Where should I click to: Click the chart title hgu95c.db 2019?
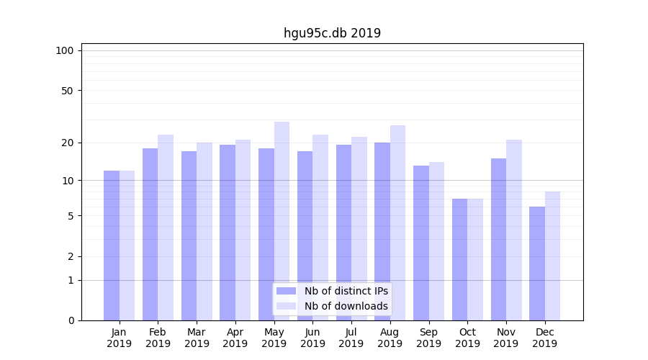pos(332,33)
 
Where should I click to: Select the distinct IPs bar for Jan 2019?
pos(112,245)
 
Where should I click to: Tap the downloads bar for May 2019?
pos(282,220)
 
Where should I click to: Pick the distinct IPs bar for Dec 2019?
pos(537,264)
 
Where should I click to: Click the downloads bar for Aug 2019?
pos(397,222)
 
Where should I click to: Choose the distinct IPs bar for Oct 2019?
pos(459,259)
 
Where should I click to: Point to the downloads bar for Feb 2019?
pos(166,227)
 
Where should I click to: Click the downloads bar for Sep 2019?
pos(436,240)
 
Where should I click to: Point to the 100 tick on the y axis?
pos(65,50)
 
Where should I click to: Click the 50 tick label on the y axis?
pos(67,91)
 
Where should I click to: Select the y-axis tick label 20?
pos(67,143)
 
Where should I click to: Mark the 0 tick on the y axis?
pos(71,320)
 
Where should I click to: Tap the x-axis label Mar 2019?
pos(197,338)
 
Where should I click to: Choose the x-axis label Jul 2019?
pos(351,338)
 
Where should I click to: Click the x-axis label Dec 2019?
pos(544,338)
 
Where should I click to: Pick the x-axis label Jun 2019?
pos(312,338)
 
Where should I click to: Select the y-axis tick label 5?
pos(71,216)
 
